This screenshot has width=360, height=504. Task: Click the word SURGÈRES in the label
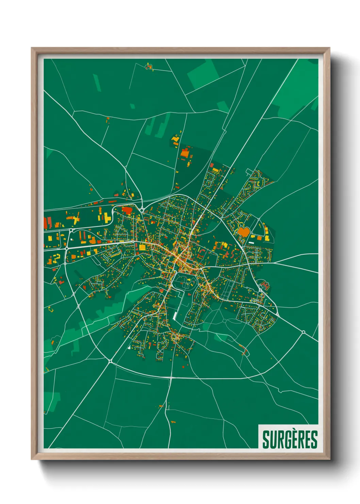[x=290, y=439]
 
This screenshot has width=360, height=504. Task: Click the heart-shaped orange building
[x=244, y=232]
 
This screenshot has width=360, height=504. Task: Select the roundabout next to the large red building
[x=142, y=210]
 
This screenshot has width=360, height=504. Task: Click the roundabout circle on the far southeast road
[x=303, y=332]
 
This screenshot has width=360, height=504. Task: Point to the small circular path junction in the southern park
[x=225, y=321]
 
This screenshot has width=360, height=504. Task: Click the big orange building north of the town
[x=185, y=153]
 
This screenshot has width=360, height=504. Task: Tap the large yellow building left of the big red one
[x=107, y=218]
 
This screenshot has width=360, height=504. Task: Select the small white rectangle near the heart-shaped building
[x=251, y=242]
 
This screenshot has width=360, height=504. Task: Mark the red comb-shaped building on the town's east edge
[x=265, y=285]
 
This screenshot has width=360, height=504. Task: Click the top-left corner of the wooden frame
[x=32, y=48]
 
